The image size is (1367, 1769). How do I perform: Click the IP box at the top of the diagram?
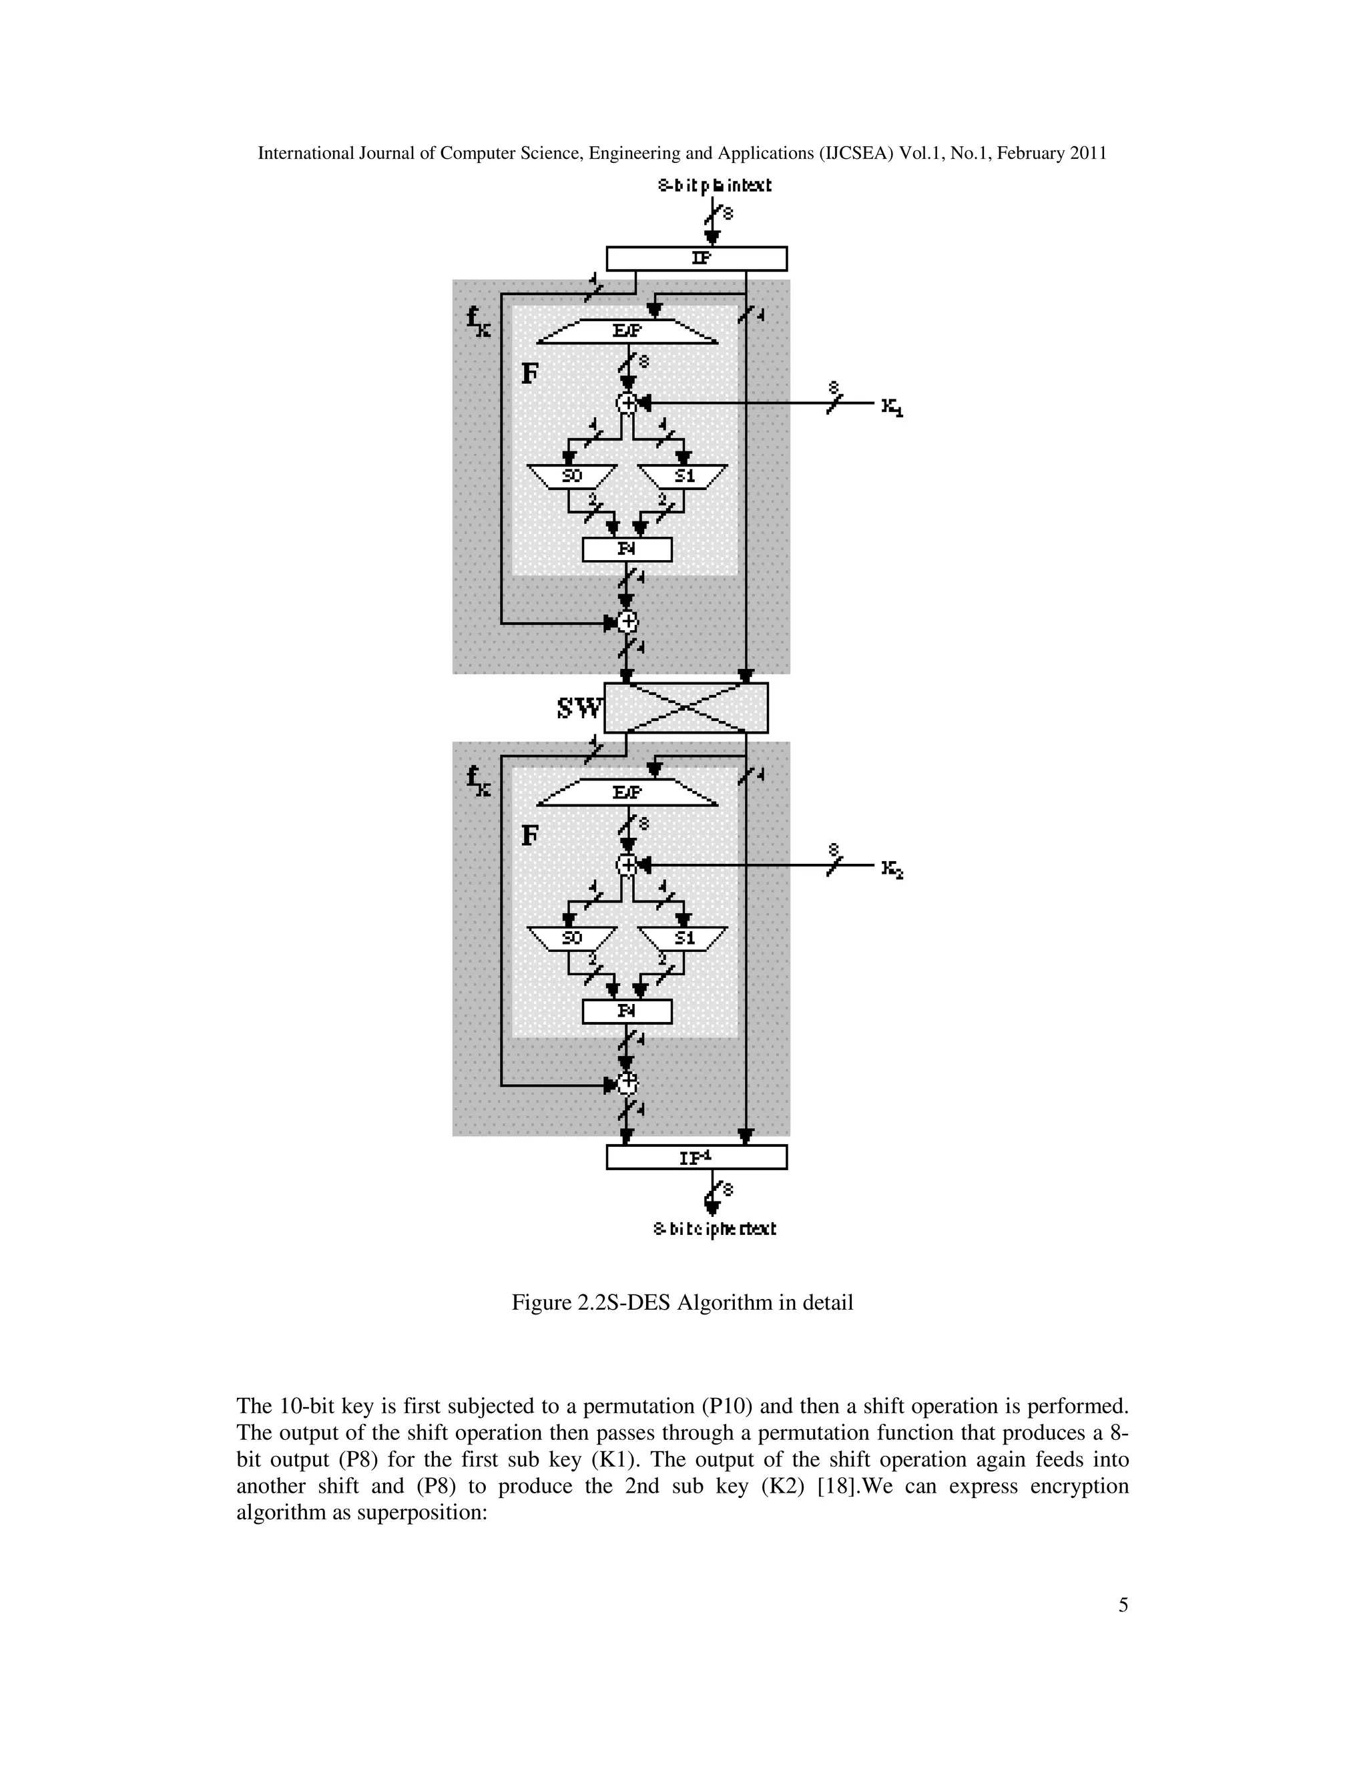coord(696,258)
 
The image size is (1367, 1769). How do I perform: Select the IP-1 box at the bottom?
coord(696,1158)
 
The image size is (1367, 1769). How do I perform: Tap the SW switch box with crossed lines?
coord(686,708)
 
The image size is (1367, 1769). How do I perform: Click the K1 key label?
coord(892,407)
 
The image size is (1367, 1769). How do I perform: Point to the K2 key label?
coord(892,870)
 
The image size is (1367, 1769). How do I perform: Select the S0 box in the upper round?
coord(572,476)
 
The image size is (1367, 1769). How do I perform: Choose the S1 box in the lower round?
coord(684,938)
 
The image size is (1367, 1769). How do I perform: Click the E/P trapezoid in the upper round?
coord(627,330)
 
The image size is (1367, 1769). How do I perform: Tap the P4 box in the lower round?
coord(627,1011)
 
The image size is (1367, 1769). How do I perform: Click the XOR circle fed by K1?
coord(627,403)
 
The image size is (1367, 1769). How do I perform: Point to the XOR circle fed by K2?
coord(627,865)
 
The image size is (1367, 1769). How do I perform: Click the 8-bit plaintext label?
coord(714,186)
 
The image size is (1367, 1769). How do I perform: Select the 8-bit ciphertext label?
coord(714,1229)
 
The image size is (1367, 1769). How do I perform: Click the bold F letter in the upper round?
coord(529,373)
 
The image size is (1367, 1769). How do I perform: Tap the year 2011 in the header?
coord(1087,153)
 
